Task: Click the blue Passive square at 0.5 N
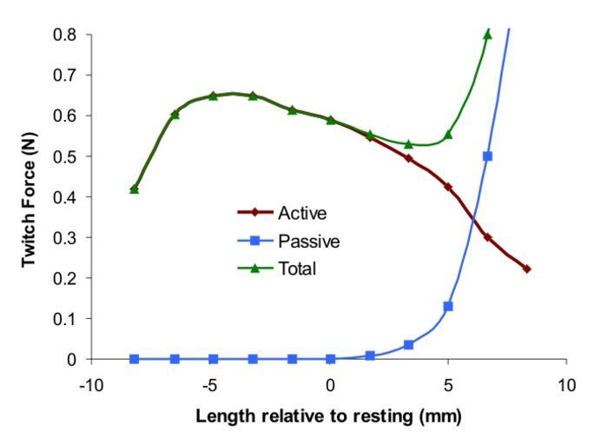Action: tap(487, 156)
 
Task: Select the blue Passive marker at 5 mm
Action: tap(448, 306)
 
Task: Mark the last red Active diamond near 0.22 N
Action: tap(526, 269)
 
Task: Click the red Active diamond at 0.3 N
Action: tap(487, 237)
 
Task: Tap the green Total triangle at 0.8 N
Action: tap(487, 35)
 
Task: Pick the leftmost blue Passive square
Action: tap(135, 359)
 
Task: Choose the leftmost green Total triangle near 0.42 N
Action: tap(135, 189)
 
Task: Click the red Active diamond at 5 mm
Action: tap(448, 187)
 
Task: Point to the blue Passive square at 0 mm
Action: tap(331, 359)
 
